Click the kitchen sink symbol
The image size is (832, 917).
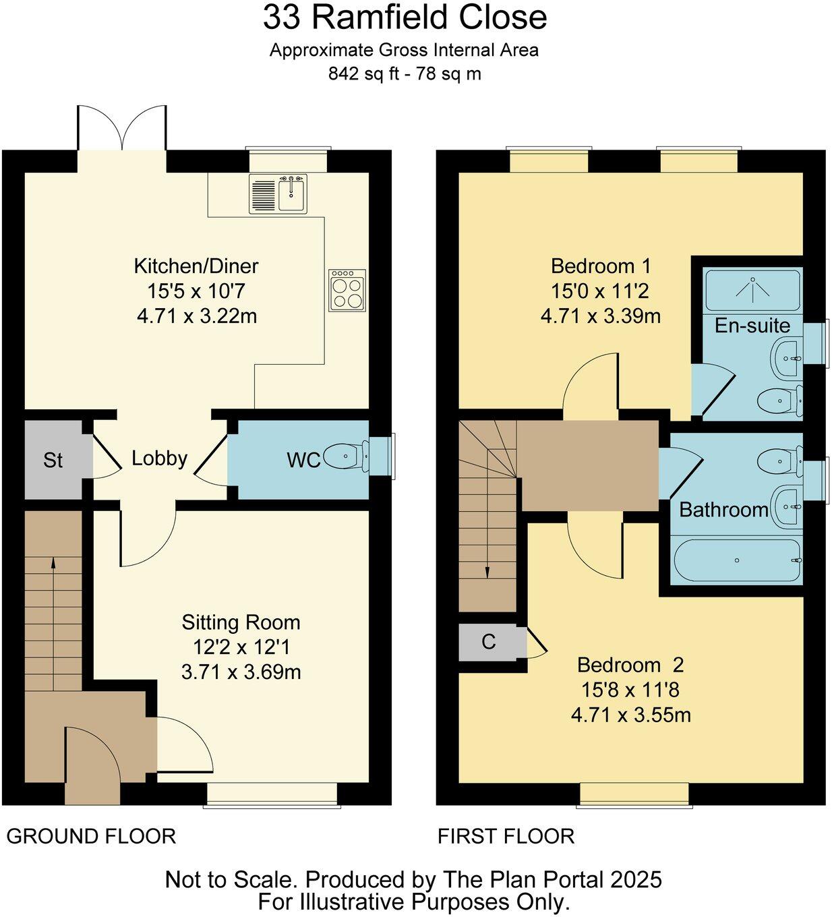coord(278,194)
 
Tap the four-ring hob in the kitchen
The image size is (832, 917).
coord(347,290)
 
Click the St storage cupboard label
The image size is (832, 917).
coord(53,461)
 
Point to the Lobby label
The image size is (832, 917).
coord(159,459)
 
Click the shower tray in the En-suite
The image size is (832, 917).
coord(752,290)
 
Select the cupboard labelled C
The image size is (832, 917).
coord(489,642)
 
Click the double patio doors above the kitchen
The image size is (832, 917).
coord(122,128)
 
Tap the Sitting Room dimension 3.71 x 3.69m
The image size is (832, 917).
coord(241,672)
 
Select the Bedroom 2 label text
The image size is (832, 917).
coord(630,665)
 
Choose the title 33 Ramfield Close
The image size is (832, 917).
coord(405,18)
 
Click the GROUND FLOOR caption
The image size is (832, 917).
coord(91,836)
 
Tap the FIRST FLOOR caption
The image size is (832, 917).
coord(506,836)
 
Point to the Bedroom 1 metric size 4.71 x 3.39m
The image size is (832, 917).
coord(600,316)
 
